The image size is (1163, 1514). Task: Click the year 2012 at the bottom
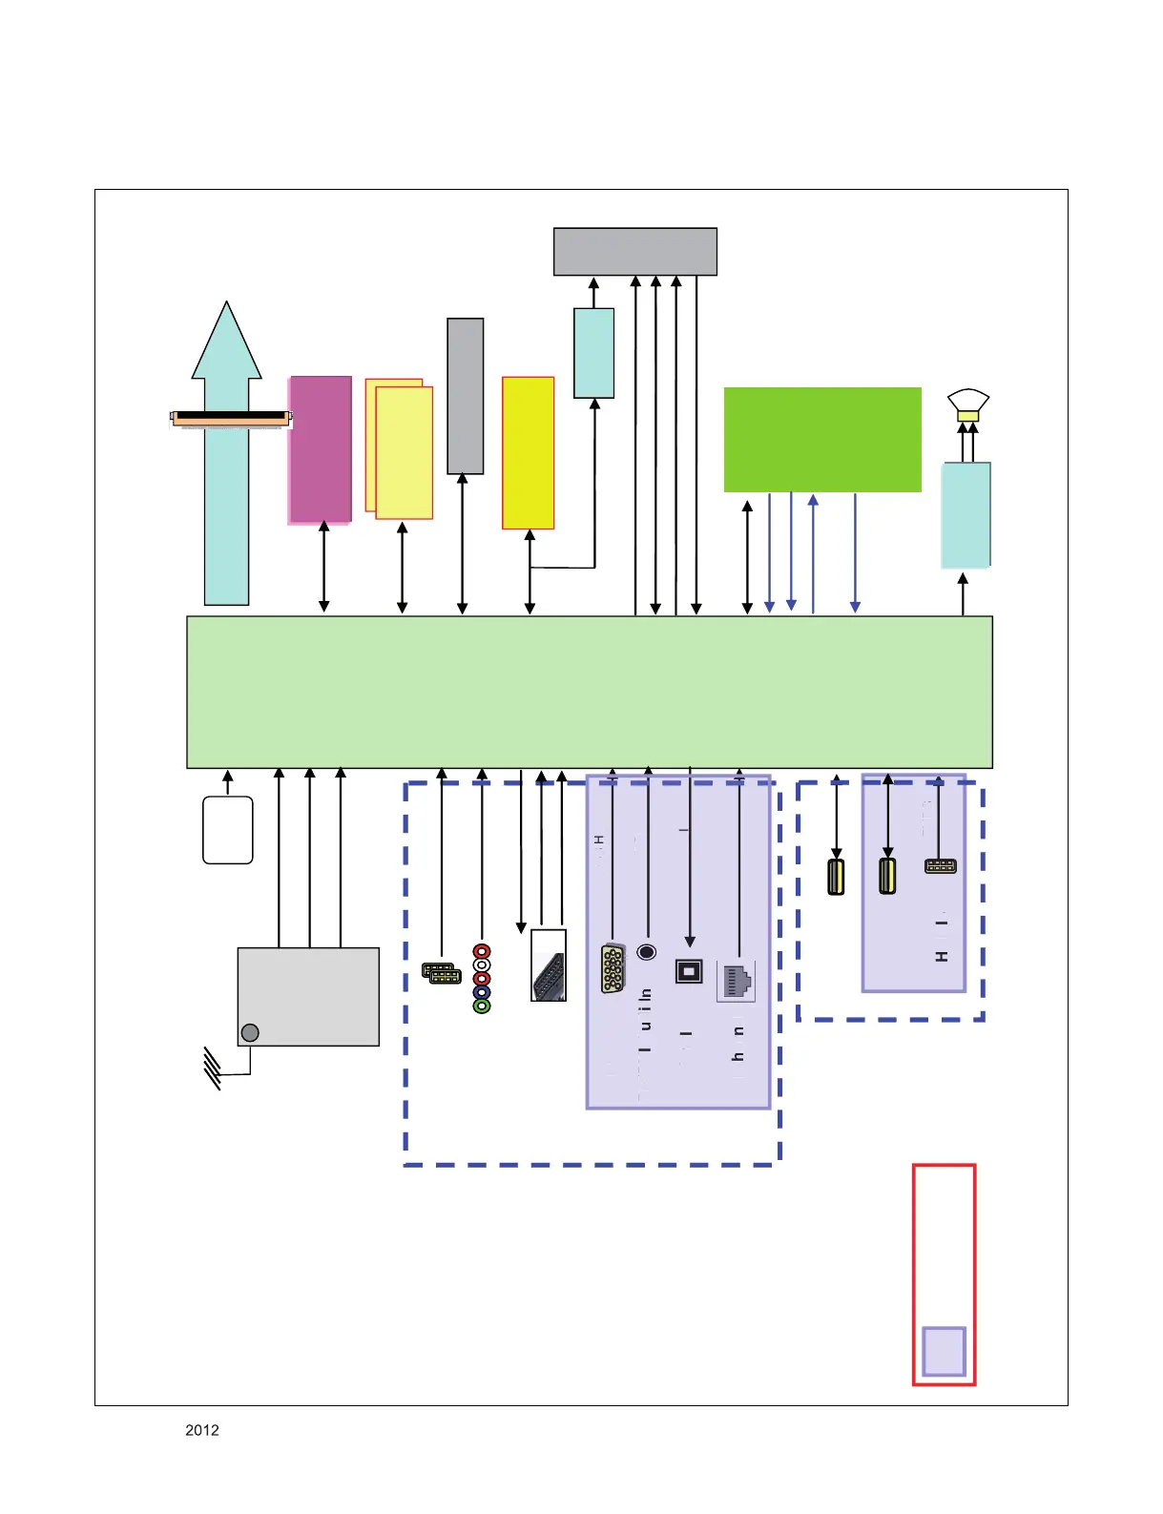(202, 1430)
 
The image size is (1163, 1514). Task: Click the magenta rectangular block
(321, 449)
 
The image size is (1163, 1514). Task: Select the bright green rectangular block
(822, 440)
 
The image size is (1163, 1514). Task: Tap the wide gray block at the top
(635, 252)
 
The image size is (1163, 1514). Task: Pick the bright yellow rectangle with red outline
(529, 452)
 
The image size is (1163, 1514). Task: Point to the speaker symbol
(968, 404)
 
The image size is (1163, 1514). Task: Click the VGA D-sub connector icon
(613, 968)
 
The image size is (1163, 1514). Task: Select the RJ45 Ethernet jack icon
(736, 981)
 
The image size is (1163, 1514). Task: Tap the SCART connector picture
(549, 965)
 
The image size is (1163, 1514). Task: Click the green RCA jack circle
(482, 1006)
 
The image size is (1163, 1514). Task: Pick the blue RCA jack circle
(482, 992)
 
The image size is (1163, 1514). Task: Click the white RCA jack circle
(482, 964)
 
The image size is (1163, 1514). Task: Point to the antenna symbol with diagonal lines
(213, 1068)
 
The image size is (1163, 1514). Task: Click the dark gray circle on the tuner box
(250, 1032)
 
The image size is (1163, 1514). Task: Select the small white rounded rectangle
(228, 830)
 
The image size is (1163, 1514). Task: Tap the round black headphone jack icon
(647, 952)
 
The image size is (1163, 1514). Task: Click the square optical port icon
(689, 971)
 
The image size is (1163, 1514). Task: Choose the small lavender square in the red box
(944, 1351)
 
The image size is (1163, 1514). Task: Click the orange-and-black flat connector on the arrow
(231, 418)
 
